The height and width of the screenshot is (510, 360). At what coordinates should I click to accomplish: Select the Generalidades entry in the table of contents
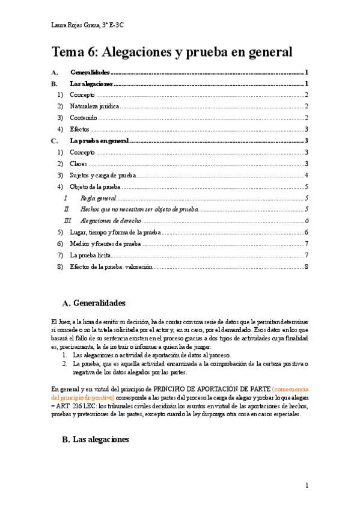[x=90, y=72]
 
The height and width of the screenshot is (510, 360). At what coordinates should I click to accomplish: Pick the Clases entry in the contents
[x=78, y=164]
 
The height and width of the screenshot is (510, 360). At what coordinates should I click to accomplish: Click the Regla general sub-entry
[x=97, y=198]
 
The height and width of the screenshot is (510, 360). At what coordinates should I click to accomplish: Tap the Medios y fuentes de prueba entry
[x=105, y=244]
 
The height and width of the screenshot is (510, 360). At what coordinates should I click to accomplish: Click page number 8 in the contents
[x=306, y=266]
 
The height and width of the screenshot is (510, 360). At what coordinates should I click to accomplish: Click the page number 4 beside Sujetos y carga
[x=306, y=175]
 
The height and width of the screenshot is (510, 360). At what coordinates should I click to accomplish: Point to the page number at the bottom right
[x=306, y=485]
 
